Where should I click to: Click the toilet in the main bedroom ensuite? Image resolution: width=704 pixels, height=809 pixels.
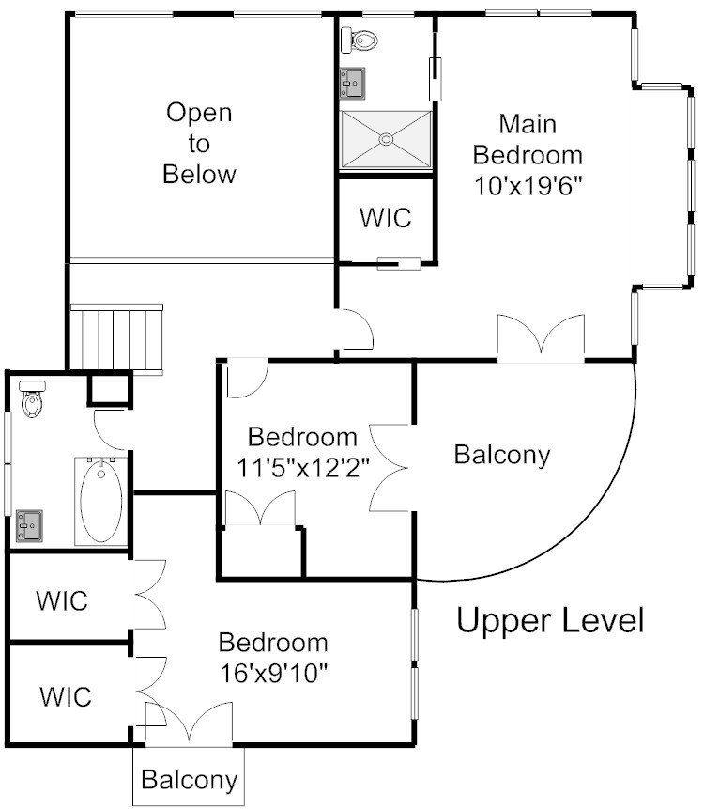click(360, 39)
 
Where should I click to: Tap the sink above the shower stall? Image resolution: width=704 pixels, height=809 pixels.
click(352, 83)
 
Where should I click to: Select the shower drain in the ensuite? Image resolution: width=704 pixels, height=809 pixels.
click(386, 139)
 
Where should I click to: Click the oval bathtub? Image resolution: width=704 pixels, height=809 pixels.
click(101, 501)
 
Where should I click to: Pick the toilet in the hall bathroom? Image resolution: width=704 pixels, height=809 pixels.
click(32, 398)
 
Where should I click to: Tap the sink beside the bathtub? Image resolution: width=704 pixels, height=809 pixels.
click(29, 526)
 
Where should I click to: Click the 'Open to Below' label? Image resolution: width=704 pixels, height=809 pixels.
click(199, 144)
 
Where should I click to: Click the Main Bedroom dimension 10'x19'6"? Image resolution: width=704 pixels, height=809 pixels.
click(528, 186)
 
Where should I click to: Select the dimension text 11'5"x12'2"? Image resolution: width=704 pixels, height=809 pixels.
click(303, 468)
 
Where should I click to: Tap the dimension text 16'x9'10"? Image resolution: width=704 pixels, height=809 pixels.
click(274, 673)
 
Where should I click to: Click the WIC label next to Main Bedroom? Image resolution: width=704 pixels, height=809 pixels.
click(386, 218)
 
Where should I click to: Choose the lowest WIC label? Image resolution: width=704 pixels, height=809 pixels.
click(66, 696)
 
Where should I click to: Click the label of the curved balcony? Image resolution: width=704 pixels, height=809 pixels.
click(502, 455)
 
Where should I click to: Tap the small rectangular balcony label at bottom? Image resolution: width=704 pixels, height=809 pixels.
click(190, 780)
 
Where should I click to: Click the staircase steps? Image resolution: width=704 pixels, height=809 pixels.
click(116, 338)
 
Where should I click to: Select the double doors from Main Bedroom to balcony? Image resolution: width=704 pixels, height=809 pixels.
click(541, 337)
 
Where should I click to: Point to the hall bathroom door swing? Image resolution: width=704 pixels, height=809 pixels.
click(110, 429)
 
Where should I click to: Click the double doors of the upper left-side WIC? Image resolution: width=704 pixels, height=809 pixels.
click(149, 595)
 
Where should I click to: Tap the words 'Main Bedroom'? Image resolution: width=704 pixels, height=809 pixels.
click(528, 140)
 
